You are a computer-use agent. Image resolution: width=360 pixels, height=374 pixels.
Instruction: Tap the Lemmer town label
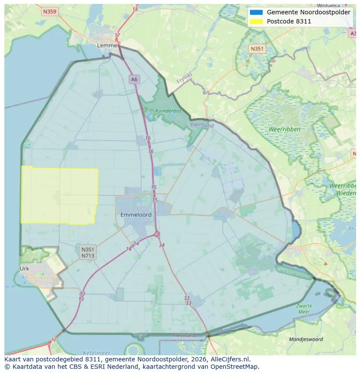[x=108, y=45]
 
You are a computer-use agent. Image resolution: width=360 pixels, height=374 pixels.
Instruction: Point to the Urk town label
[x=24, y=268]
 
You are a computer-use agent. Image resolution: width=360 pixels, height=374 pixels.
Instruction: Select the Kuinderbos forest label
[x=168, y=111]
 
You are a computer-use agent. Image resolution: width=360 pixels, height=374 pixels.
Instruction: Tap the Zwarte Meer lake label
[x=304, y=308]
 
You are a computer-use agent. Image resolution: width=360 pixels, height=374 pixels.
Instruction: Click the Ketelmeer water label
[x=96, y=353]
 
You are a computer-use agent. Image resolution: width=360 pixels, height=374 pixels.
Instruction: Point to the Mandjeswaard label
[x=306, y=339]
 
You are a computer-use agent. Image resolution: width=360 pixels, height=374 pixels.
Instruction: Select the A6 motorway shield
[x=134, y=79]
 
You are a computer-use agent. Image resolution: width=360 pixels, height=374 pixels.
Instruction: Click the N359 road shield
[x=50, y=12]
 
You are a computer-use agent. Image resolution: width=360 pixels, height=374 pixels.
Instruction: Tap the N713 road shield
[x=87, y=256]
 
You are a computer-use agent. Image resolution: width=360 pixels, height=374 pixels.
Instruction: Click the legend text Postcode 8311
[x=289, y=21]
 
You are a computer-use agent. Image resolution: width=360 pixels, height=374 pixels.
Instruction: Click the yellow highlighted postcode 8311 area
[x=59, y=195]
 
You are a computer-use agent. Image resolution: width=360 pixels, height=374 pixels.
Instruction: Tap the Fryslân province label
[x=184, y=78]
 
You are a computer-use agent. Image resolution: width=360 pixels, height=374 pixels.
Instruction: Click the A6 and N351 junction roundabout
[x=157, y=235]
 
